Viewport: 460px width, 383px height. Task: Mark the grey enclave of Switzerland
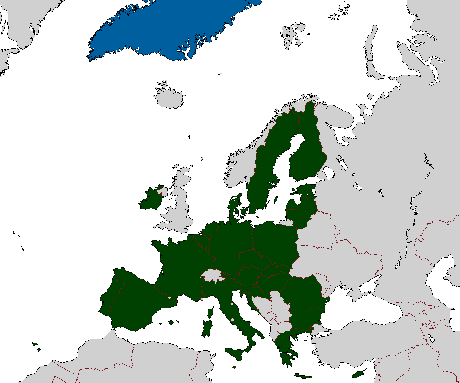pos(210,275)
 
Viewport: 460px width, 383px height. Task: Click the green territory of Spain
pos(133,304)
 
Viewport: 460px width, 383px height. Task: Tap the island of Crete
pos(303,376)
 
